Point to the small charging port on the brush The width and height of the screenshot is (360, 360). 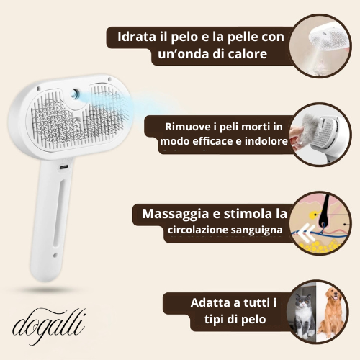coord(64,167)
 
